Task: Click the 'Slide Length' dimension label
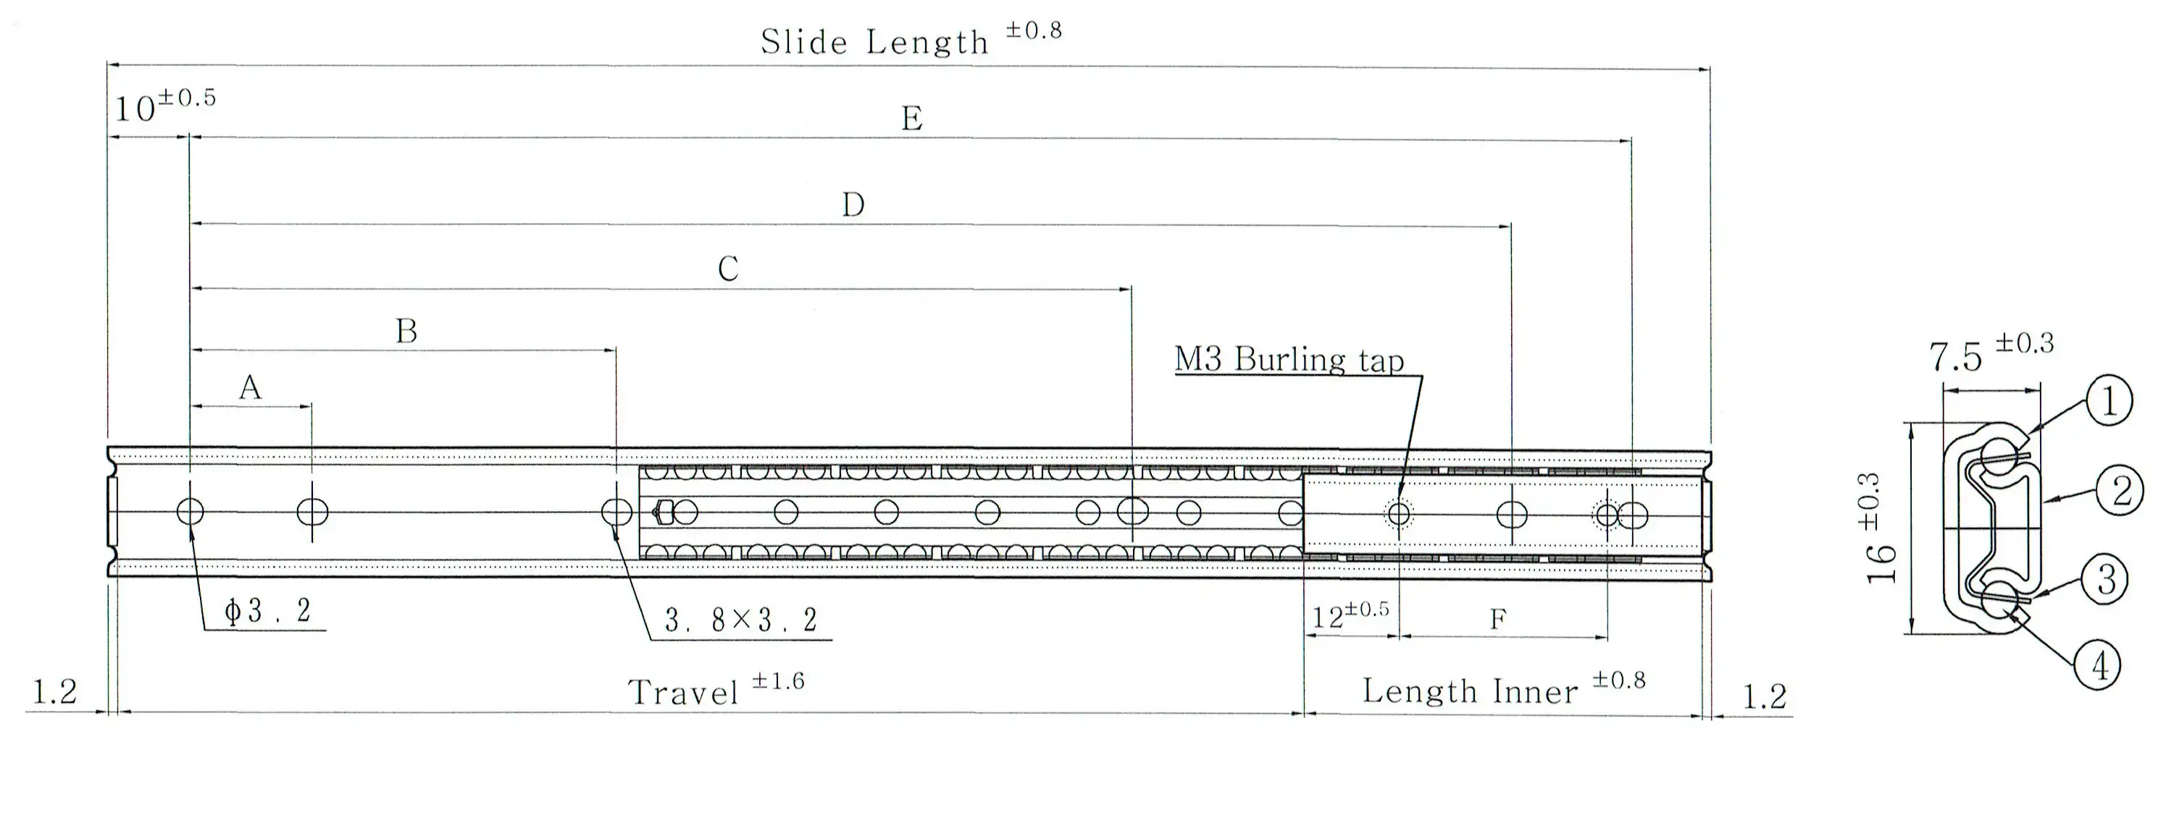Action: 874,42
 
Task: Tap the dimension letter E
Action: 912,119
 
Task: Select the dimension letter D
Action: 853,205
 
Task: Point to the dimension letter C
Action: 728,269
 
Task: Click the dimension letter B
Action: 406,332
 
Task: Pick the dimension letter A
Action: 250,388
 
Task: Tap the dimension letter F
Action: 1498,620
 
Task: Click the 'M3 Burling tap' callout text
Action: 1289,360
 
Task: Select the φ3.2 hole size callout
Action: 268,611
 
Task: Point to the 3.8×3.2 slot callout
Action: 740,620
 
